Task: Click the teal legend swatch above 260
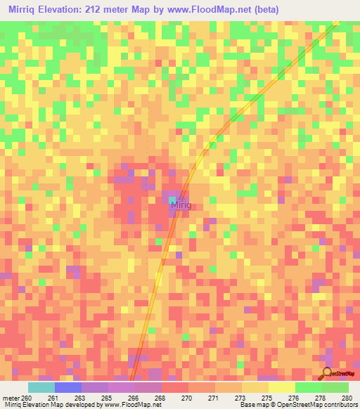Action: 41,387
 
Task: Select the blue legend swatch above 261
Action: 67,387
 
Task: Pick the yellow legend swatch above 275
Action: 281,387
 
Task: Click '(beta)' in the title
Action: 268,10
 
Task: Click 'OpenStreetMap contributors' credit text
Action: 317,405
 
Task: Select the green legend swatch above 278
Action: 308,387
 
